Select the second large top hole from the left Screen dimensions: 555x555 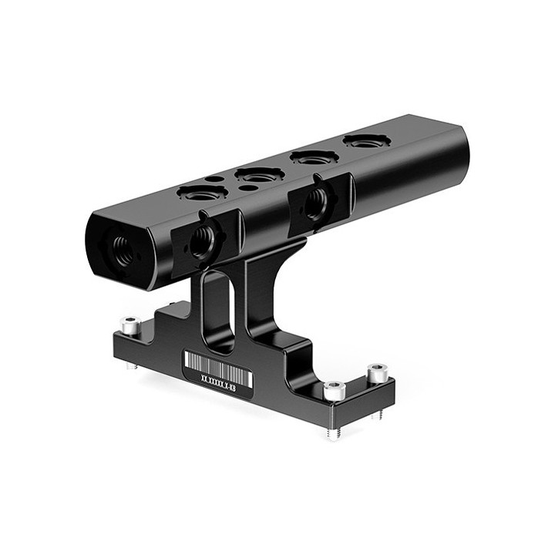click(257, 175)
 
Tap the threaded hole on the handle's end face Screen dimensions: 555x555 click(123, 249)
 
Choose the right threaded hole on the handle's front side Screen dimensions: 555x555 click(316, 203)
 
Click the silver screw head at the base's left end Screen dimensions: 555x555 click(133, 327)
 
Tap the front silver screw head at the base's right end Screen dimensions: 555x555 click(333, 391)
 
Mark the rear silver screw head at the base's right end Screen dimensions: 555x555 click(377, 374)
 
